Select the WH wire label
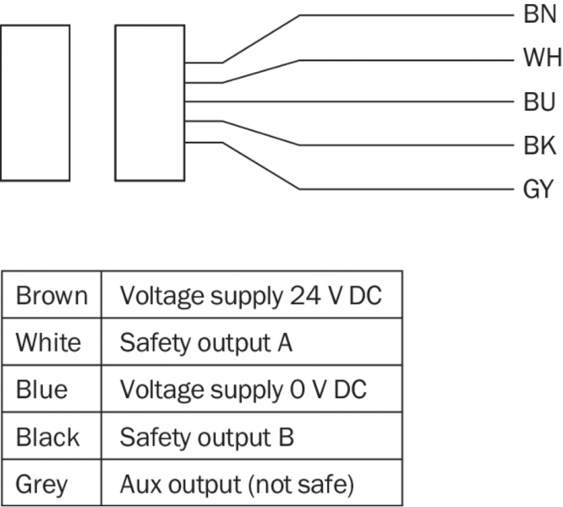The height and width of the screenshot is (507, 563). pos(540,59)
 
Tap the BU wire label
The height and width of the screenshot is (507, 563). pos(539,103)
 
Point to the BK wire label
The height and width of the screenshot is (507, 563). pos(539,146)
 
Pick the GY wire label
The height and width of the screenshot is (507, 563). pos(538,189)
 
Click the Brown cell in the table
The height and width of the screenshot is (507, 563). pos(52,296)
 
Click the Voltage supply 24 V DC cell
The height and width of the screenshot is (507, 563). pos(250,296)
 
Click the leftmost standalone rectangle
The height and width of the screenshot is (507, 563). pos(35,102)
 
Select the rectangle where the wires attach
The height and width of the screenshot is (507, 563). pos(150,102)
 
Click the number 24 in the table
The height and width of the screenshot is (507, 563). pos(298,296)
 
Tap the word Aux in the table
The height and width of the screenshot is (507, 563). pos(139,485)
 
